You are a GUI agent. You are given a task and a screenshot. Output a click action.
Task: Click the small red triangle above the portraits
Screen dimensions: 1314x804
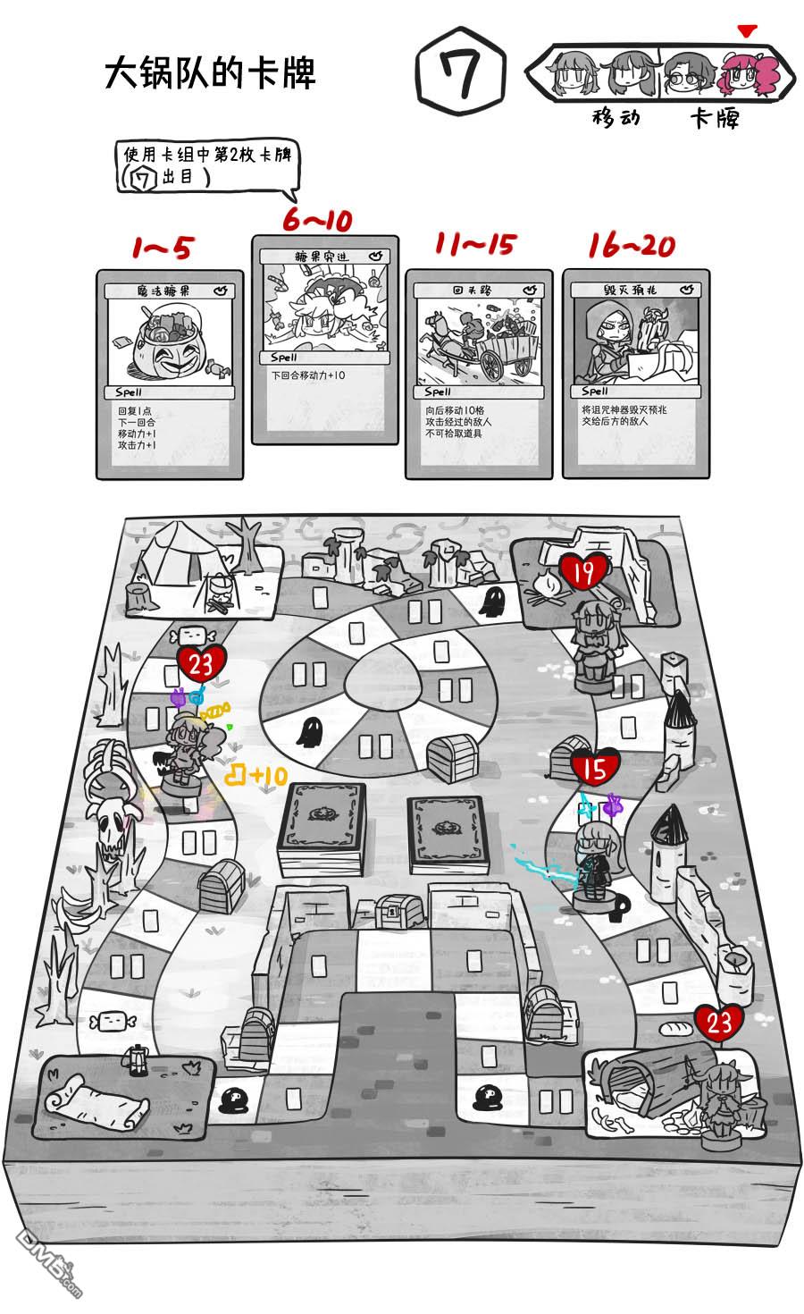(748, 31)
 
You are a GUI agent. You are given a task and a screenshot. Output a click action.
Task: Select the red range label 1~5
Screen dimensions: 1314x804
(162, 248)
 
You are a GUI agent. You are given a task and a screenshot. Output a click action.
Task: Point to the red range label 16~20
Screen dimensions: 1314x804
(632, 245)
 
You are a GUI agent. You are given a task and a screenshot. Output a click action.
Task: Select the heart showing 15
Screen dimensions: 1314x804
(594, 768)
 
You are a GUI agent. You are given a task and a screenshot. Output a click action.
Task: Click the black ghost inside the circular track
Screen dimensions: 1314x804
(309, 732)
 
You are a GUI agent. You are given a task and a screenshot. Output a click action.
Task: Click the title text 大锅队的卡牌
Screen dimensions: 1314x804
(211, 74)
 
